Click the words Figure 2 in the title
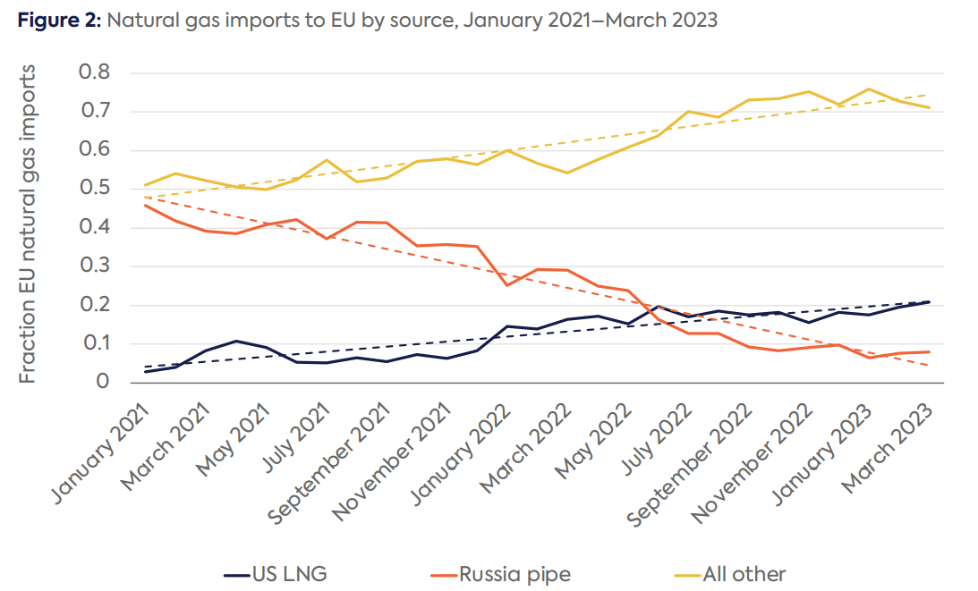coord(59,21)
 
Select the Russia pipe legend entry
coord(514,572)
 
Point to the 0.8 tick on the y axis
coord(96,72)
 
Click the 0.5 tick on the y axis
coord(96,189)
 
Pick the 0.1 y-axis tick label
coord(96,344)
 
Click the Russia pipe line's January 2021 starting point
coord(145,205)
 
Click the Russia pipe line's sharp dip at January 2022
coord(507,285)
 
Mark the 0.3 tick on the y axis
coord(96,266)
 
